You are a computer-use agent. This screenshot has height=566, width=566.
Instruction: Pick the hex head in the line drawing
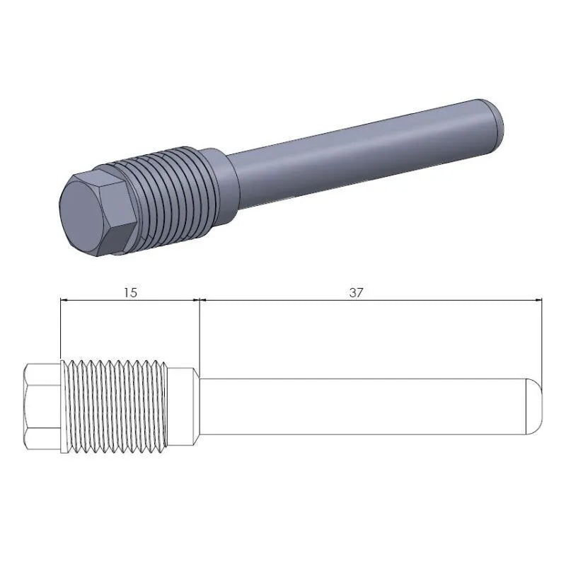(x=42, y=407)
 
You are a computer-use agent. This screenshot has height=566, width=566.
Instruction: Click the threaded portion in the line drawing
(x=117, y=407)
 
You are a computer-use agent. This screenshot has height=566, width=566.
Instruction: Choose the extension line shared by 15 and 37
(x=199, y=333)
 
